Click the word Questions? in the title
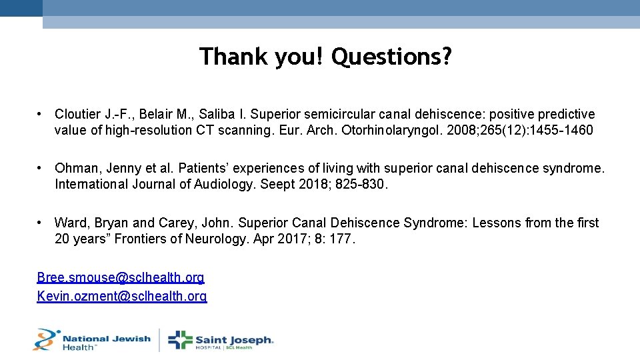391,57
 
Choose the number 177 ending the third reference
342,239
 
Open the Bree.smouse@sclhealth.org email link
121,277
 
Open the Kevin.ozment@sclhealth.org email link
122,296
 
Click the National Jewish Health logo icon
47,339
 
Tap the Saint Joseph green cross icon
180,340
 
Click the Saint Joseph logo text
234,340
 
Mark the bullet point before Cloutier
41,115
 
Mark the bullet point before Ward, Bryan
41,223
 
